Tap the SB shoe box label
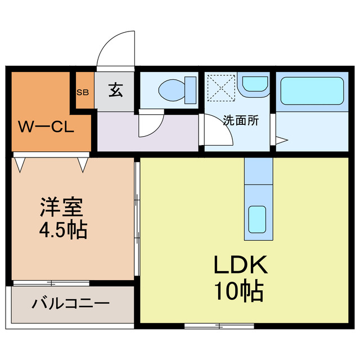pyautogui.click(x=83, y=91)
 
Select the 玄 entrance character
pyautogui.click(x=115, y=90)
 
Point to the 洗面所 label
pyautogui.click(x=240, y=120)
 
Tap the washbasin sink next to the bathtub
pyautogui.click(x=254, y=84)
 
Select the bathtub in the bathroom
pyautogui.click(x=310, y=90)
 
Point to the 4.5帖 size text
pyautogui.click(x=63, y=231)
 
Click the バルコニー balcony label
pyautogui.click(x=70, y=304)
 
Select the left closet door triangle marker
pyautogui.click(x=21, y=165)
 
